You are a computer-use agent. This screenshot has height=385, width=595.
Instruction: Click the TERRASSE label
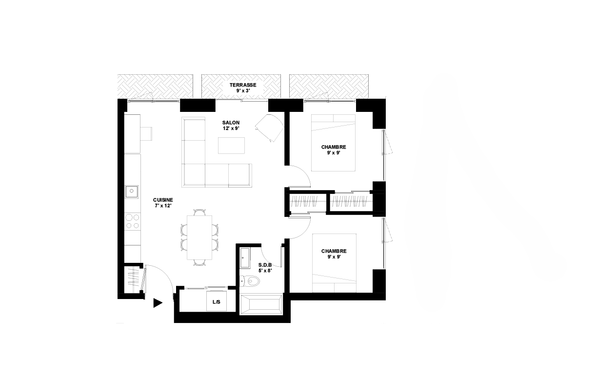pyautogui.click(x=243, y=85)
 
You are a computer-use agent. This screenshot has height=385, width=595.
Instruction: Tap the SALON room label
pyautogui.click(x=231, y=123)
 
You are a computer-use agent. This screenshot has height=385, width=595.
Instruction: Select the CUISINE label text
pyautogui.click(x=163, y=200)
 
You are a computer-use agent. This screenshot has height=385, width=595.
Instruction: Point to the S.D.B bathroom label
pyautogui.click(x=265, y=265)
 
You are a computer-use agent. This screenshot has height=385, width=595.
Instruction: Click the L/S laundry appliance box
pyautogui.click(x=217, y=301)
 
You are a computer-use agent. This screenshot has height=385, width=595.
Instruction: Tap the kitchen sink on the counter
pyautogui.click(x=132, y=192)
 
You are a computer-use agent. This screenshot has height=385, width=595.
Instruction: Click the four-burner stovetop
pyautogui.click(x=133, y=221)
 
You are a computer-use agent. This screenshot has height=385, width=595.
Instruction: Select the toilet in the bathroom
pyautogui.click(x=249, y=281)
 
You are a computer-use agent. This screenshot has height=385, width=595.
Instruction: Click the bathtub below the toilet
pyautogui.click(x=261, y=304)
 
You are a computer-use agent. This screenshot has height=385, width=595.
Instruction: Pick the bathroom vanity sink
pyautogui.click(x=245, y=258)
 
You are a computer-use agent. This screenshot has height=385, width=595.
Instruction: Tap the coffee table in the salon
pyautogui.click(x=231, y=145)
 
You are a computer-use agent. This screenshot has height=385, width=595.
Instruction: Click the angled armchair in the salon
pyautogui.click(x=269, y=128)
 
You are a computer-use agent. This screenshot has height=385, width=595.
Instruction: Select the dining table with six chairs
pyautogui.click(x=199, y=237)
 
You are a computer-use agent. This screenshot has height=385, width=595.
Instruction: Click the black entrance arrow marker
pyautogui.click(x=158, y=303)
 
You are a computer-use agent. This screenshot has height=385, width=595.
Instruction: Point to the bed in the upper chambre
pyautogui.click(x=334, y=143)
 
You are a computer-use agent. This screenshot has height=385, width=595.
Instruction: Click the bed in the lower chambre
pyautogui.click(x=334, y=263)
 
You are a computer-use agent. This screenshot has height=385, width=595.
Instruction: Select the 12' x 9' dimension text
pyautogui.click(x=231, y=128)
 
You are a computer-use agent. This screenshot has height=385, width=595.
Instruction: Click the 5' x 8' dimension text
pyautogui.click(x=265, y=271)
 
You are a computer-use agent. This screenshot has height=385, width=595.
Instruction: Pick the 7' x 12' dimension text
pyautogui.click(x=163, y=205)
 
